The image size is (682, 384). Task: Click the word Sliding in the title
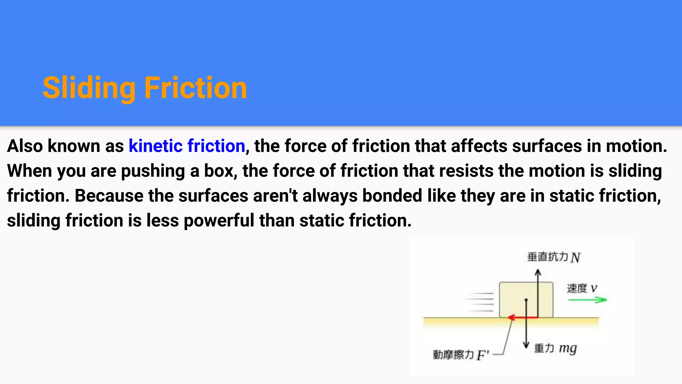pos(89,88)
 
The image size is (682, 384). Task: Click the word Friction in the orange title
pos(195,88)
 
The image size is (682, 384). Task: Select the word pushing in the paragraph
pos(153,171)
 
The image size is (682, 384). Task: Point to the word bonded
pos(392,196)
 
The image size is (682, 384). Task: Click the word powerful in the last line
pos(219,221)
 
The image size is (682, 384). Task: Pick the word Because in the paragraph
pos(109,196)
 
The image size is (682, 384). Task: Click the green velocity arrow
pos(587,300)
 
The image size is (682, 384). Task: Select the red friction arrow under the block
pos(523,317)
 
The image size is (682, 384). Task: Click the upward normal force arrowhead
pos(538,273)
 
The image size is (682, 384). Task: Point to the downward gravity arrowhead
pos(526,345)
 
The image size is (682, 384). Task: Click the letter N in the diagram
pos(575,258)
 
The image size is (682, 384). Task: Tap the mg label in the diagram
pos(568,348)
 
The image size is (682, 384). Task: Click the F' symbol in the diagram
pos(483,355)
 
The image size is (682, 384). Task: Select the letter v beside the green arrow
pos(594,288)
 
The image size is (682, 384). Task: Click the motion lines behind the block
pos(480,302)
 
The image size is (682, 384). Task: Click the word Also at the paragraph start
pos(25,146)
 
